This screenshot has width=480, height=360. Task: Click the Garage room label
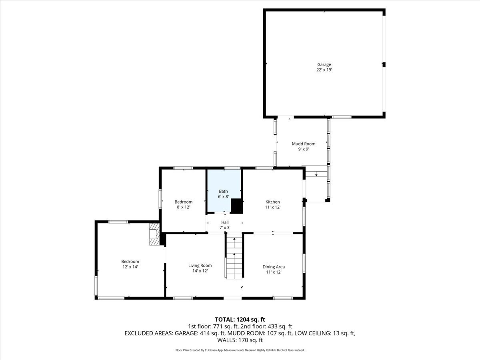pyautogui.click(x=324, y=64)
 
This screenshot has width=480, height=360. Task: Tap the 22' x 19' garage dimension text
pyautogui.click(x=324, y=70)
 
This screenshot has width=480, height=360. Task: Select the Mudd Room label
pyautogui.click(x=303, y=144)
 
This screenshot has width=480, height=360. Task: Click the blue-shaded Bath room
pyautogui.click(x=223, y=188)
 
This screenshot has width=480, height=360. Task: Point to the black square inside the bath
pyautogui.click(x=237, y=206)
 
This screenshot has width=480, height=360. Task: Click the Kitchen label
pyautogui.click(x=273, y=202)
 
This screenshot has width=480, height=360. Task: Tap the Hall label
pyautogui.click(x=225, y=222)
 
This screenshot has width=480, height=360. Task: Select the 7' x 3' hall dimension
pyautogui.click(x=225, y=228)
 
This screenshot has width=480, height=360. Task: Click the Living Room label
pyautogui.click(x=200, y=265)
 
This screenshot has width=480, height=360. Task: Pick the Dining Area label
pyautogui.click(x=274, y=267)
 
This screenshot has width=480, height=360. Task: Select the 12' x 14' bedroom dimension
pyautogui.click(x=130, y=267)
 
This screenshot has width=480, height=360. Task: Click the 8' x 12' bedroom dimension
pyautogui.click(x=183, y=207)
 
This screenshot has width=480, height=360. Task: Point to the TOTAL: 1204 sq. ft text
pyautogui.click(x=240, y=319)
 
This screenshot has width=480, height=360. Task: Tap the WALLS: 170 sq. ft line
pyautogui.click(x=240, y=340)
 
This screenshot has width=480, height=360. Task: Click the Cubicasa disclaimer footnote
pyautogui.click(x=240, y=350)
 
